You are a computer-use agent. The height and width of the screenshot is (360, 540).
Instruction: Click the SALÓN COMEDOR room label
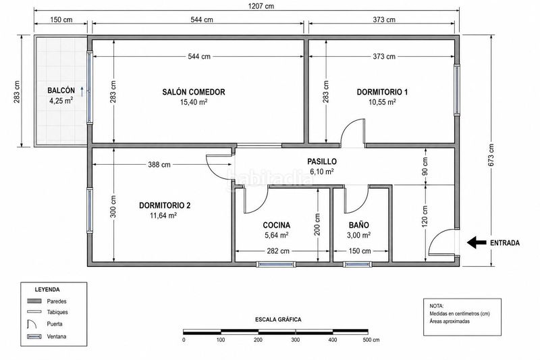pos(194,92)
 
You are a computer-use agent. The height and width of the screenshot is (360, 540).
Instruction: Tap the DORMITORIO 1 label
pos(382,92)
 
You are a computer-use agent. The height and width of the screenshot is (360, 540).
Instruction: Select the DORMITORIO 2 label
pos(165,205)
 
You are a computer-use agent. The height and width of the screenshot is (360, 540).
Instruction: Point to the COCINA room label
pos(277,226)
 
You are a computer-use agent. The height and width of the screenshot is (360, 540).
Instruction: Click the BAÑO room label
pos(359,226)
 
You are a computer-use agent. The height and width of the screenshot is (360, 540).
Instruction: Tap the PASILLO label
pos(322,161)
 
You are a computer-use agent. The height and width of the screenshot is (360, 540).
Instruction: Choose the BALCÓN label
pos(61,91)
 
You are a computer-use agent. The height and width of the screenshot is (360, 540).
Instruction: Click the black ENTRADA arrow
pos(477,242)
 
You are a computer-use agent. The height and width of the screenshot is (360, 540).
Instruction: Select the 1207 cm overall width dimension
pos(261,6)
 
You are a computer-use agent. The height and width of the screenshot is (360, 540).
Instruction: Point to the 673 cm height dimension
pos(491,155)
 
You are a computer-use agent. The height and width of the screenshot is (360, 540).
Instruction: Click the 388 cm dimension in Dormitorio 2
pos(159,165)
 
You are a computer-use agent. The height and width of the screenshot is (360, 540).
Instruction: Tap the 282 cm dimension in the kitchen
pos(278,251)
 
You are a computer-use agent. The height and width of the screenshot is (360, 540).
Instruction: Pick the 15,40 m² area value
pos(194,102)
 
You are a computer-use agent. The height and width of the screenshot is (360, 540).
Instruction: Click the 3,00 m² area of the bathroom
pos(359,235)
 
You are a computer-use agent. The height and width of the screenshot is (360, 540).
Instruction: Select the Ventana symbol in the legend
pos(34,336)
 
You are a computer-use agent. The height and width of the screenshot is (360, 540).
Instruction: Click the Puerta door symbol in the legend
pos(32,324)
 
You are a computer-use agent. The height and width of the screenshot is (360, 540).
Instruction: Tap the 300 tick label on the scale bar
pos(295,340)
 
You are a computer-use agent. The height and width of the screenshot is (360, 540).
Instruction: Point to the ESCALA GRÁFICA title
pos(278,319)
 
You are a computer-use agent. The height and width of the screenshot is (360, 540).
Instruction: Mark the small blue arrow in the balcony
pos(82,92)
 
